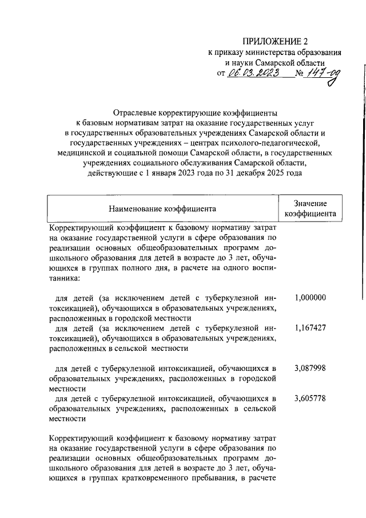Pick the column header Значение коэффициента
[x=310, y=209]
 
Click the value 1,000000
[x=310, y=298]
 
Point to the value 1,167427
[x=310, y=329]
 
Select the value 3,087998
[x=310, y=367]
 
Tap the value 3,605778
[x=310, y=398]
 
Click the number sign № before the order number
[x=299, y=73]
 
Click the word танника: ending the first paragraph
[x=65, y=279]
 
